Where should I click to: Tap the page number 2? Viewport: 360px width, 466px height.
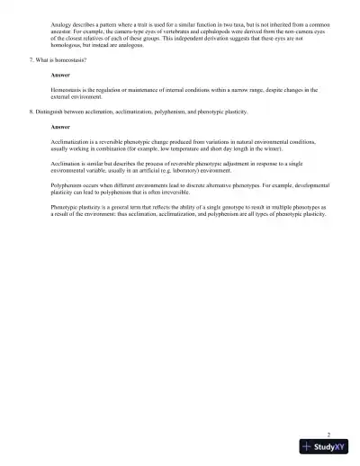(x=328, y=433)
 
